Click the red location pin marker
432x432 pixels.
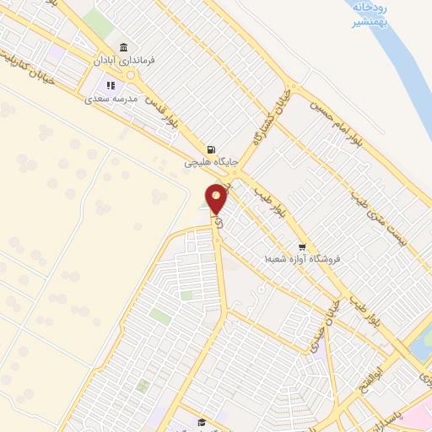216,199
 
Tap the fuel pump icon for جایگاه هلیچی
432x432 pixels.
210,149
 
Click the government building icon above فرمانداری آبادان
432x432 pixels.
124,46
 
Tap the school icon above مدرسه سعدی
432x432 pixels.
110,84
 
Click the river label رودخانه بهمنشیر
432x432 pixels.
366,14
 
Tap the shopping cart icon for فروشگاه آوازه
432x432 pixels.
301,246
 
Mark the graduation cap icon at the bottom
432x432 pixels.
201,422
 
